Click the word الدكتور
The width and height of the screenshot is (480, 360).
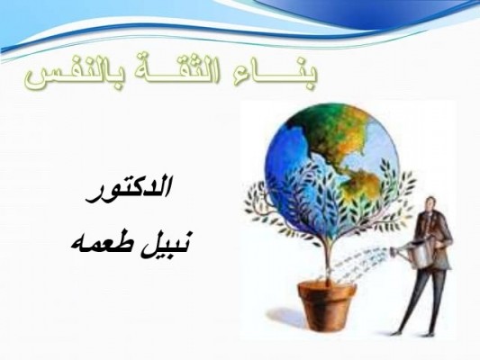(128, 189)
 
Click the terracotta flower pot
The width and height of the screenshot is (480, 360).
(327, 306)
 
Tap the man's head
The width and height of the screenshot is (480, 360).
(430, 204)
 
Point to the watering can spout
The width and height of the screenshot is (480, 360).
(401, 251)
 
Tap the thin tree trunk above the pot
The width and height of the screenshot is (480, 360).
(328, 260)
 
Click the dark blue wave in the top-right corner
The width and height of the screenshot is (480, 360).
(383, 13)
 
